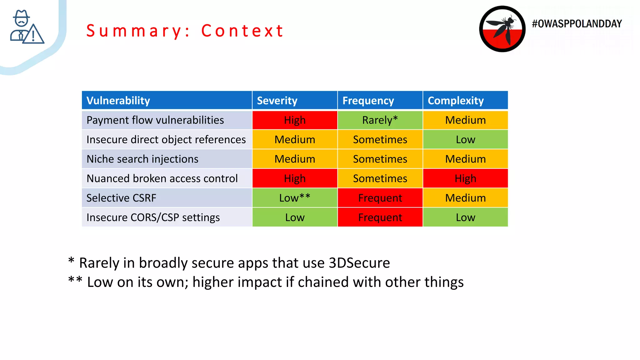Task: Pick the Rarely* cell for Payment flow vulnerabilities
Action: coord(380,120)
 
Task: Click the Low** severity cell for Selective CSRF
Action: coord(295,198)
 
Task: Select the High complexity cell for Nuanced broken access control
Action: coord(465,178)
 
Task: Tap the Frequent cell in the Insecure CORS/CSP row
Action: coord(380,217)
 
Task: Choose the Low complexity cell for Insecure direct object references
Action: coord(465,139)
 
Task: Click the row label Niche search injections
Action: coord(142,159)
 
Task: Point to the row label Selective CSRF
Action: coord(121,198)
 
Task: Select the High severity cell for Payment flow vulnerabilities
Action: coord(295,120)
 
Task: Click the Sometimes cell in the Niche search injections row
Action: coord(380,159)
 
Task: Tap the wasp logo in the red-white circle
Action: coord(502,29)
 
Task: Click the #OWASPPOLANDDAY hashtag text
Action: coord(577,24)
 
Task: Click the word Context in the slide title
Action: coord(242,31)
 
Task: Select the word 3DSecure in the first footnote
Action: coord(359,263)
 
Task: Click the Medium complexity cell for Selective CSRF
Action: coord(465,198)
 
